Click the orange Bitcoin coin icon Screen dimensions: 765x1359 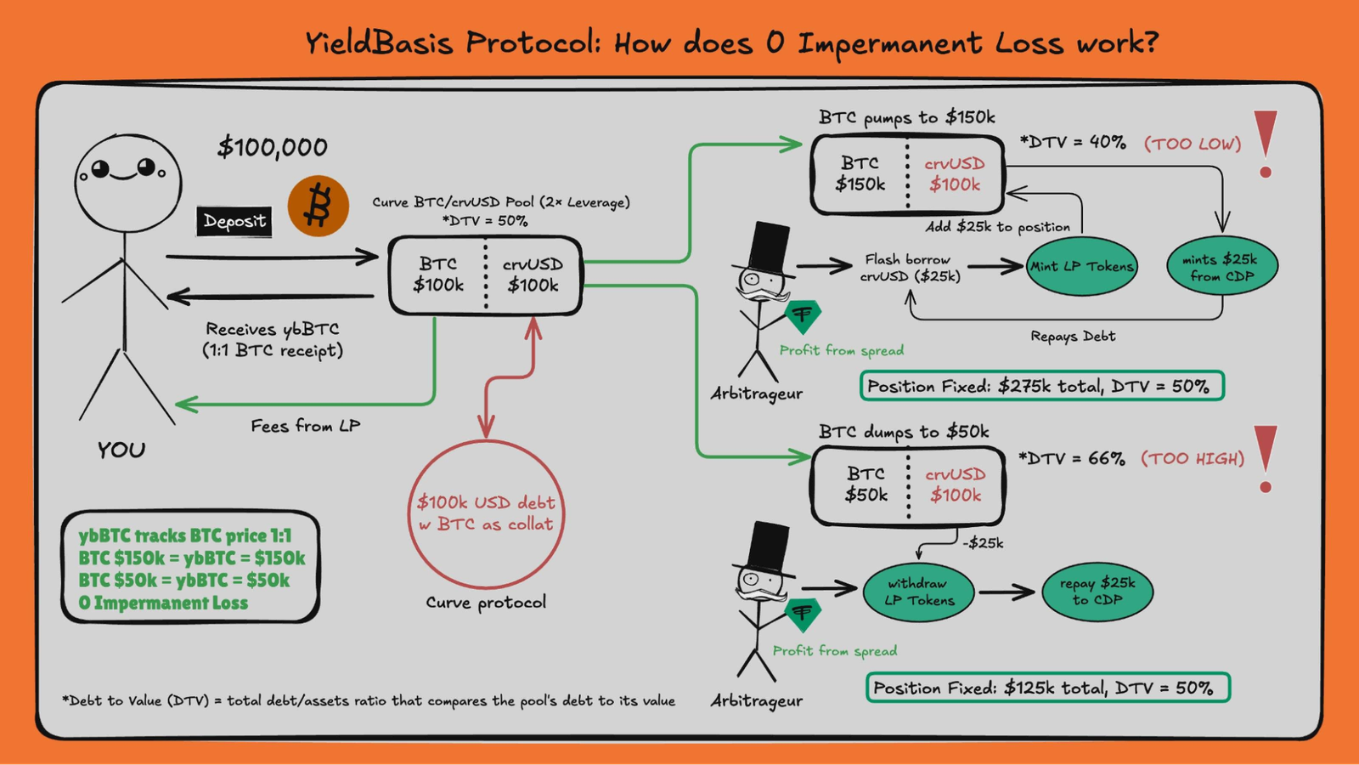[319, 207]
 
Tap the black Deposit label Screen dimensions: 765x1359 [234, 222]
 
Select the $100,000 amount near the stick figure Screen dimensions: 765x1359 [273, 147]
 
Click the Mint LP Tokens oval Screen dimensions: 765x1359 [1081, 266]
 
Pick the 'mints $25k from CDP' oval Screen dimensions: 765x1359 [1222, 267]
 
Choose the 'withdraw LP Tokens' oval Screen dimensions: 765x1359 [919, 592]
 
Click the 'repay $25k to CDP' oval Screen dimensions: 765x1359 [1097, 591]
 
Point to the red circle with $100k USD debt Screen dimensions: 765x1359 [486, 513]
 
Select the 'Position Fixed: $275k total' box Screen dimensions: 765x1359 [1041, 386]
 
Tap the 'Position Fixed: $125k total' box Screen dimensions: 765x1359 [1047, 688]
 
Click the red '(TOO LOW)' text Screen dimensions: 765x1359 [1193, 144]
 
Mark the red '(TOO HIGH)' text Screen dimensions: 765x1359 [1193, 459]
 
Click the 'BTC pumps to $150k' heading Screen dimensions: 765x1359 [906, 117]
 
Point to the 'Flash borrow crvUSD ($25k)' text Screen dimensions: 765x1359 [910, 267]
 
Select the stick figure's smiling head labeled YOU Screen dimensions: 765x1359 [127, 182]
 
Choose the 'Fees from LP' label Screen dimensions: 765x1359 [305, 426]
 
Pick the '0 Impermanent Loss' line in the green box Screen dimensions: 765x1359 [163, 603]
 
